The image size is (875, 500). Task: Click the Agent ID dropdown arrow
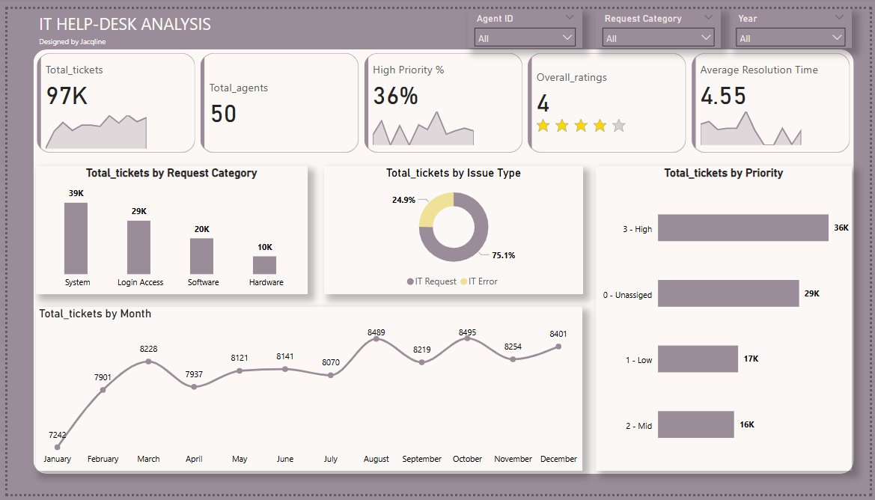tap(566, 37)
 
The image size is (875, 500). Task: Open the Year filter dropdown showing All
tap(790, 37)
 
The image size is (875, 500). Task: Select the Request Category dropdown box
tap(659, 37)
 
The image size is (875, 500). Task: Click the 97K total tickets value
tap(67, 96)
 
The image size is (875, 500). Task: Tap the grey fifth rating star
tap(618, 126)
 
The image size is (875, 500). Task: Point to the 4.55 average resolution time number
tap(723, 96)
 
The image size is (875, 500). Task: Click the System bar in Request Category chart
tap(76, 238)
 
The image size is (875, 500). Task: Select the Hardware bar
tap(264, 265)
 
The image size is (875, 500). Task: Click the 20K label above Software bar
tap(202, 229)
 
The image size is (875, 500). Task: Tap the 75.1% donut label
tap(503, 255)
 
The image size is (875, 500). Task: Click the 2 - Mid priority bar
tap(695, 424)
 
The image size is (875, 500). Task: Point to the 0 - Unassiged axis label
tap(627, 295)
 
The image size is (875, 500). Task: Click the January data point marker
tap(58, 447)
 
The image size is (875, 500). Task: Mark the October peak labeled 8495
tap(468, 338)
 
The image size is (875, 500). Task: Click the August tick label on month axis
tap(376, 459)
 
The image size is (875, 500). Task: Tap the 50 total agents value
tap(223, 114)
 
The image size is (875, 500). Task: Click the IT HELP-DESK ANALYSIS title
tap(124, 25)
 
